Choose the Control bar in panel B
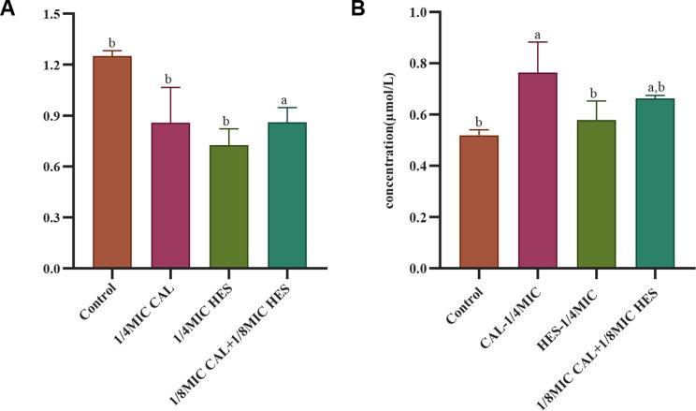pos(479,202)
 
